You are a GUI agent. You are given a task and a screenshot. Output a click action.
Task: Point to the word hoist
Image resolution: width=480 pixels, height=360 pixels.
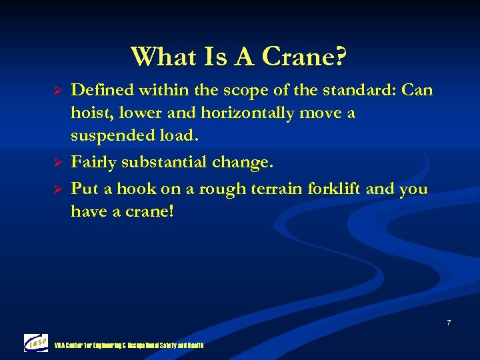coord(90,113)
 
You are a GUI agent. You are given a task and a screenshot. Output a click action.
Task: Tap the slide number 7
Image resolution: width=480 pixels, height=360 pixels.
coord(448,323)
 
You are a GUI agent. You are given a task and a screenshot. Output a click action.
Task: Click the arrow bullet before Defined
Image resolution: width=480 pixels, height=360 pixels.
coord(57,90)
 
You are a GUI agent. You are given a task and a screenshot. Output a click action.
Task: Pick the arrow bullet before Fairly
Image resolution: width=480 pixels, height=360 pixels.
coord(57,161)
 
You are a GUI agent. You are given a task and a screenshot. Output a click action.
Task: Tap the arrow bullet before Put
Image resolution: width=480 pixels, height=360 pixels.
coord(57,189)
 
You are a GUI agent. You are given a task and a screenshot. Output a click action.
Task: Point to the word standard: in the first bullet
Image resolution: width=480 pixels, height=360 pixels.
coord(365,89)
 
